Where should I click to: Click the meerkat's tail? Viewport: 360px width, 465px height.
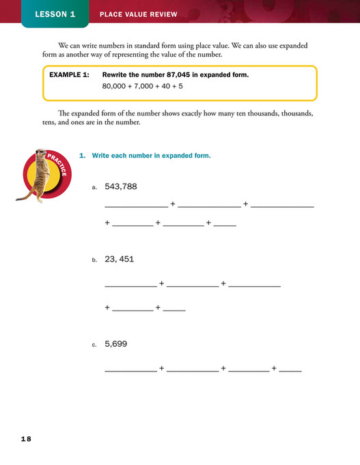pyautogui.click(x=23, y=195)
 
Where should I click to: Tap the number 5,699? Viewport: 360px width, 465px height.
pyautogui.click(x=116, y=344)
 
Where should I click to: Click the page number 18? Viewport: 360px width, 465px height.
pyautogui.click(x=25, y=438)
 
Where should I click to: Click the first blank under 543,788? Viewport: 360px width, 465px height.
pyautogui.click(x=135, y=206)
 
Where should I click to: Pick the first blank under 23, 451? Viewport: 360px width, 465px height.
pyautogui.click(x=130, y=285)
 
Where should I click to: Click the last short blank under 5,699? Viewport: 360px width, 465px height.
pyautogui.click(x=290, y=370)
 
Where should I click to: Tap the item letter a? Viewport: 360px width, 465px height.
pyautogui.click(x=94, y=187)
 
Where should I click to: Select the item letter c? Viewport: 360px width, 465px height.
pyautogui.click(x=94, y=346)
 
